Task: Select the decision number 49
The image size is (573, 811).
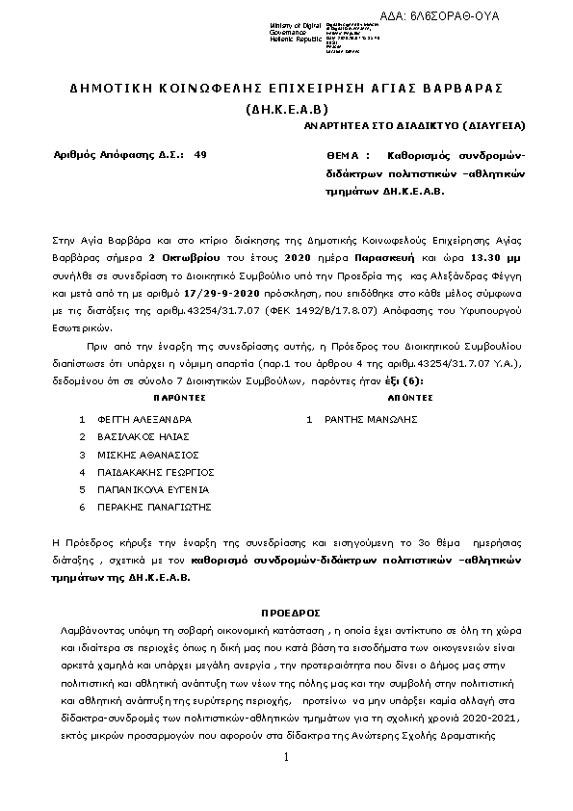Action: [199, 154]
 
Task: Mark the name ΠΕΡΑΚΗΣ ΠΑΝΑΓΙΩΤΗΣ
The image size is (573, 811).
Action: [154, 507]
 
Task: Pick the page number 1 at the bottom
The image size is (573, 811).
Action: [287, 758]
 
